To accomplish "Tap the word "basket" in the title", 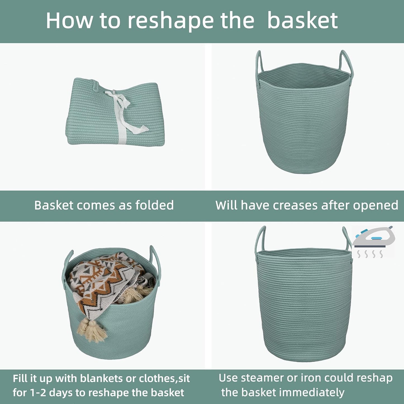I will pyautogui.click(x=303, y=21).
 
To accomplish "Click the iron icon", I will pyautogui.click(x=373, y=238).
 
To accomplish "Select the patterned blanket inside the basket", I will pyautogui.click(x=106, y=282).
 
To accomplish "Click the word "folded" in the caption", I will pyautogui.click(x=154, y=205).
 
